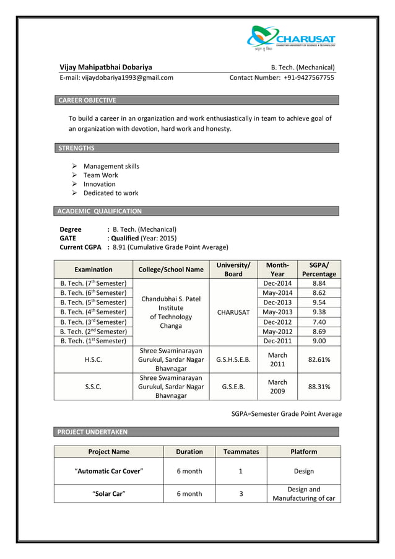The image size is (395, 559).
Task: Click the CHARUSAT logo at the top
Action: pos(291,38)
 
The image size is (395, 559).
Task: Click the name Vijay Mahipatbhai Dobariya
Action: pos(105,67)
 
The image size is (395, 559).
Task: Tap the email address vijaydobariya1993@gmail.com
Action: pos(116,78)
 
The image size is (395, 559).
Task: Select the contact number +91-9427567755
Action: pos(282,78)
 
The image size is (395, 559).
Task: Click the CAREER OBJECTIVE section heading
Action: pos(87,100)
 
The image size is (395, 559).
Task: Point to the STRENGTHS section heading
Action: pos(76,148)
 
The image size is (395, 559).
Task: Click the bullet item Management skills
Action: pos(111,166)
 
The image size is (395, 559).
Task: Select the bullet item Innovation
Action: pos(99,184)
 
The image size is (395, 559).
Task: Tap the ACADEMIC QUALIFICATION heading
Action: pos(100,211)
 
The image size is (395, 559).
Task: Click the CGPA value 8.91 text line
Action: pos(167,247)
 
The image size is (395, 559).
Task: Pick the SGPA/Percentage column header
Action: pos(319,270)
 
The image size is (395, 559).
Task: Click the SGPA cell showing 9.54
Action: pos(319,302)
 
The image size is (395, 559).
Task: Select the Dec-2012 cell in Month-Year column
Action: pos(277,322)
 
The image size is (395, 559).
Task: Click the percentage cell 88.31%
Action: pos(319,386)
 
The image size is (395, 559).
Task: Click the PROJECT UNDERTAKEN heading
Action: pos(92,431)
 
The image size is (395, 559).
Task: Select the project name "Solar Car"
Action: pos(109,494)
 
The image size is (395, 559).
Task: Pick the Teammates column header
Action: pos(241,452)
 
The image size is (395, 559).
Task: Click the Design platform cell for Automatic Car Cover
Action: pos(304,471)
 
